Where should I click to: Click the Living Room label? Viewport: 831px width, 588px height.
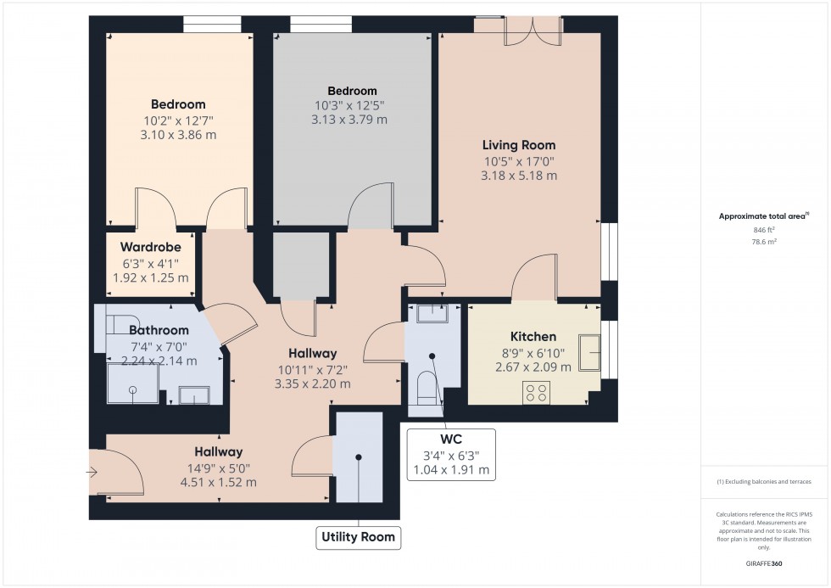(519, 145)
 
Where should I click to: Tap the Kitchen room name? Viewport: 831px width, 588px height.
(533, 337)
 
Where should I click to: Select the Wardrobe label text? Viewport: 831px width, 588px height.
(151, 247)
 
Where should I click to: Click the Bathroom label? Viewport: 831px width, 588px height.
(159, 330)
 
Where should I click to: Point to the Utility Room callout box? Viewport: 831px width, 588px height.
(357, 537)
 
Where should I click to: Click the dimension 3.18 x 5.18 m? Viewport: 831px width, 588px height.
(519, 176)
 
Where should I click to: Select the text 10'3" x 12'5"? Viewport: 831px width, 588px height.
(352, 106)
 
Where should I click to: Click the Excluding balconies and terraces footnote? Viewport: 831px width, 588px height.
(764, 481)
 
